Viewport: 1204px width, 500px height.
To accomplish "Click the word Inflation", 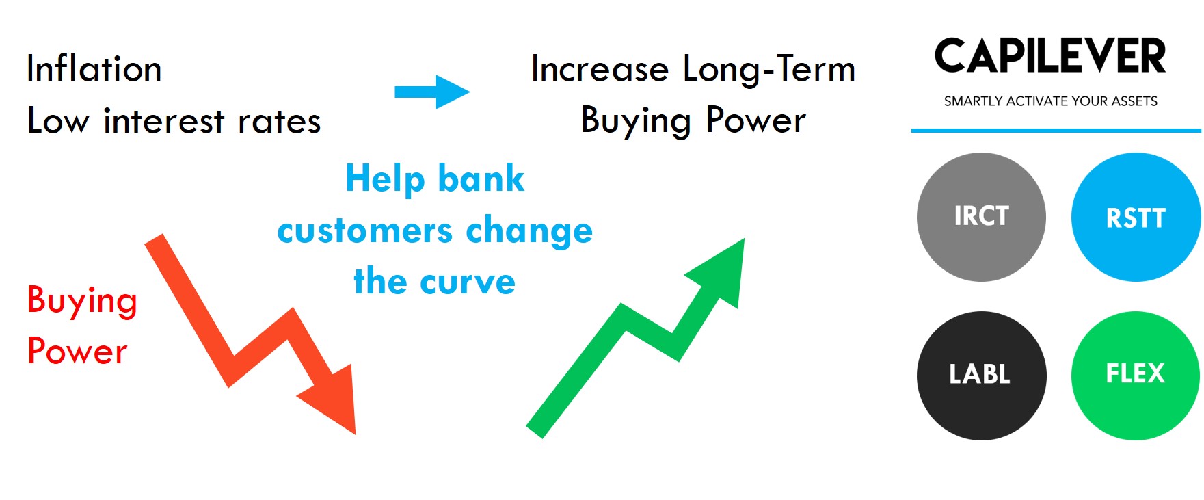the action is (94, 68).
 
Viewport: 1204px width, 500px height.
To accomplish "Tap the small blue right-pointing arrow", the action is (432, 92).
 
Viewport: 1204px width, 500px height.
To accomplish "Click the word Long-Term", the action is (769, 69).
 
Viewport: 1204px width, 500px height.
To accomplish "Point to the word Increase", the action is (600, 69).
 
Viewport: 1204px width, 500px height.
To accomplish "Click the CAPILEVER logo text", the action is (1050, 56).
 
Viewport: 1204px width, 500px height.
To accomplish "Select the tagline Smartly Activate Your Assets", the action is (1051, 101).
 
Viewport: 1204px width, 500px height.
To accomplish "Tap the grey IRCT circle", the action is (981, 217).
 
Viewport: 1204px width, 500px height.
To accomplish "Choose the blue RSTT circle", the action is (1136, 217).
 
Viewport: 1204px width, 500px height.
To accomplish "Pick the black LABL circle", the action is (981, 376).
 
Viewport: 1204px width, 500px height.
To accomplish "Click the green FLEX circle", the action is (1136, 376).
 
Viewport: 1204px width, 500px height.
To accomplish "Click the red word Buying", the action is (82, 302).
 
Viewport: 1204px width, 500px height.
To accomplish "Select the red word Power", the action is (77, 351).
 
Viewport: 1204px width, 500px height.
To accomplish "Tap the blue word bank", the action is (481, 179).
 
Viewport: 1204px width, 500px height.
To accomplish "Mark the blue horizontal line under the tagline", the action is (1056, 130).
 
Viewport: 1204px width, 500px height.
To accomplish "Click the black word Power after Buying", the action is (755, 120).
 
